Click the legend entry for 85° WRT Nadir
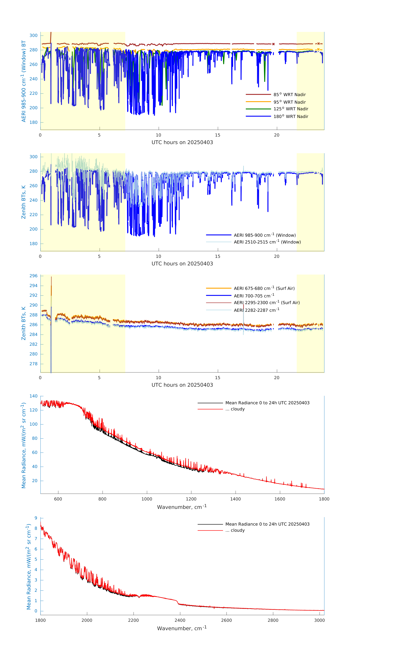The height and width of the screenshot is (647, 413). [289, 95]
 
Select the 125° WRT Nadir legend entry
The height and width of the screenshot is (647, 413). [291, 109]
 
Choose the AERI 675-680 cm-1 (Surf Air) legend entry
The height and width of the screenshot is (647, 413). [264, 288]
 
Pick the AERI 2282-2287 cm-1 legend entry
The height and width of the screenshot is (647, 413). [256, 310]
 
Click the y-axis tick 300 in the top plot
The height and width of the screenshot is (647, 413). [34, 35]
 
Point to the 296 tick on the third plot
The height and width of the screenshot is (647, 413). [34, 276]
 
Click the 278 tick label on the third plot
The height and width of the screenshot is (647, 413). [34, 364]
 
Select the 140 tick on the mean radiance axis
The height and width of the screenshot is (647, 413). [34, 396]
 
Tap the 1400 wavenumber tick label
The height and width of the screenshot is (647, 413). [235, 499]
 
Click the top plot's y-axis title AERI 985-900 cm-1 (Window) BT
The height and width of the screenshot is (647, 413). [24, 81]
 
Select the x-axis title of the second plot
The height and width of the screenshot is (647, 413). [182, 264]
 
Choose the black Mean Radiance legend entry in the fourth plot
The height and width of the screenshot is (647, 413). [267, 403]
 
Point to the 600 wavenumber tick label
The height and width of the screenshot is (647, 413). [58, 499]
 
